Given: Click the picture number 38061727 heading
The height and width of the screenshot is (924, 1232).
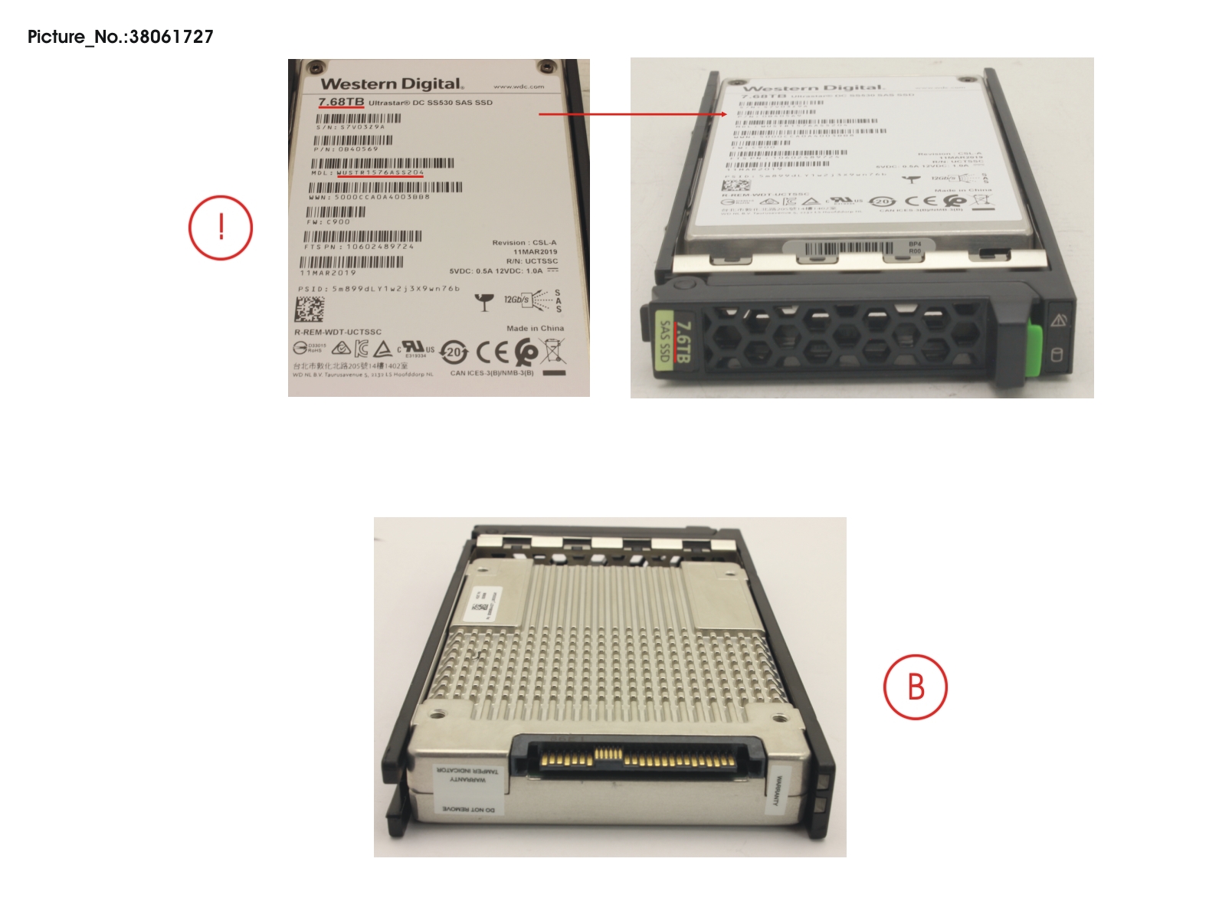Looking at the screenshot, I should [120, 37].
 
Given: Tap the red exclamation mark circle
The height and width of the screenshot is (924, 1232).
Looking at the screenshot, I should [221, 228].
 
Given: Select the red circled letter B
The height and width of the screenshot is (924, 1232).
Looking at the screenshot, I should [916, 686].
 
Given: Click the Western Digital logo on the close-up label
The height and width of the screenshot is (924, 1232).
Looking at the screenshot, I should [392, 84].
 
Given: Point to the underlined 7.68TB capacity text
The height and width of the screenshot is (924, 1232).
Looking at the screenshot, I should [341, 103].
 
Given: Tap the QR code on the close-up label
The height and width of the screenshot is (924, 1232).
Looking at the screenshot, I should [310, 310].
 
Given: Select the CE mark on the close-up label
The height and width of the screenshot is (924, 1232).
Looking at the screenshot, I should [492, 352].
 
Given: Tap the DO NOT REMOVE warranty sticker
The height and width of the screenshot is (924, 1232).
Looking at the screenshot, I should [468, 809].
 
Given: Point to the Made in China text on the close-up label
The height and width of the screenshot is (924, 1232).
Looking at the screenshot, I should [535, 328].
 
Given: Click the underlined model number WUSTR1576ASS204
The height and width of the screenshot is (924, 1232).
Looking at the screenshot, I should [380, 173].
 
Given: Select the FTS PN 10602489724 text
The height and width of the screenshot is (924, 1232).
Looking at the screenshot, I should [359, 247].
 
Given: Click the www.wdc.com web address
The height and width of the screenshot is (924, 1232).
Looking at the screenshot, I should [519, 87].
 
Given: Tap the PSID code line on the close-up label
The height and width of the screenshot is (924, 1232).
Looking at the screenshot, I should [379, 289].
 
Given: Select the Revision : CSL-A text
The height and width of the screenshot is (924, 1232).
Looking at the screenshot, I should [524, 242].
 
